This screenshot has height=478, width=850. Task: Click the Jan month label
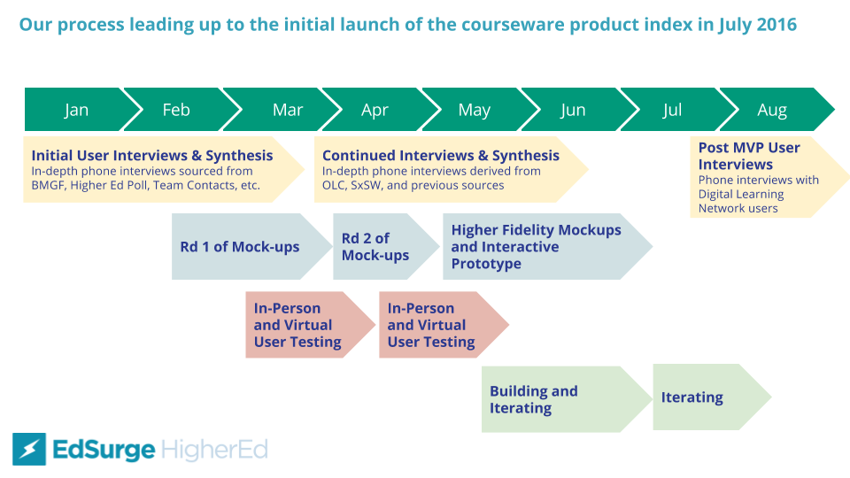click(76, 110)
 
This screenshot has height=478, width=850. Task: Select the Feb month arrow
click(176, 110)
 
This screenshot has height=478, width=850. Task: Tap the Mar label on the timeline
click(288, 110)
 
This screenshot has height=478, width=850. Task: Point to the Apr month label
click(375, 110)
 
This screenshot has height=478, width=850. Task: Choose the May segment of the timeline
click(475, 110)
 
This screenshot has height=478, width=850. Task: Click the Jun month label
click(573, 110)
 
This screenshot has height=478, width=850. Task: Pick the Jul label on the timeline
click(672, 110)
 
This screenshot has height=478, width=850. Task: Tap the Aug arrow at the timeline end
click(772, 110)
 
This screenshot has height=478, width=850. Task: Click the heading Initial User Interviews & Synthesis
click(152, 156)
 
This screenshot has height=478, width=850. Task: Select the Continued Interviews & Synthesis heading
click(441, 156)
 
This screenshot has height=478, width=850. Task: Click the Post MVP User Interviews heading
click(749, 156)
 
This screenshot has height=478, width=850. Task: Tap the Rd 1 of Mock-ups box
click(240, 247)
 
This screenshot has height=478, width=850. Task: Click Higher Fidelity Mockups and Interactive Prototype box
click(537, 247)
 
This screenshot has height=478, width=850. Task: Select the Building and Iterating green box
click(534, 399)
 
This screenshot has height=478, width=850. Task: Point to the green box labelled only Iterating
click(692, 397)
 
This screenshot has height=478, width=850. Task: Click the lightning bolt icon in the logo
click(28, 450)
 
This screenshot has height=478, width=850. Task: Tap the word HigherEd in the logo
click(215, 450)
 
